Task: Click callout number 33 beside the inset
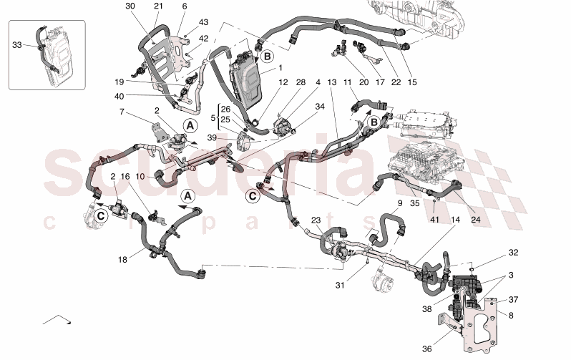(17, 44)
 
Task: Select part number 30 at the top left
(130, 6)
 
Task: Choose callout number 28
(301, 83)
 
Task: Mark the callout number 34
(320, 107)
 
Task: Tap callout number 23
(316, 221)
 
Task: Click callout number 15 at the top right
(412, 83)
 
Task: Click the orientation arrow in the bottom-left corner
(57, 318)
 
